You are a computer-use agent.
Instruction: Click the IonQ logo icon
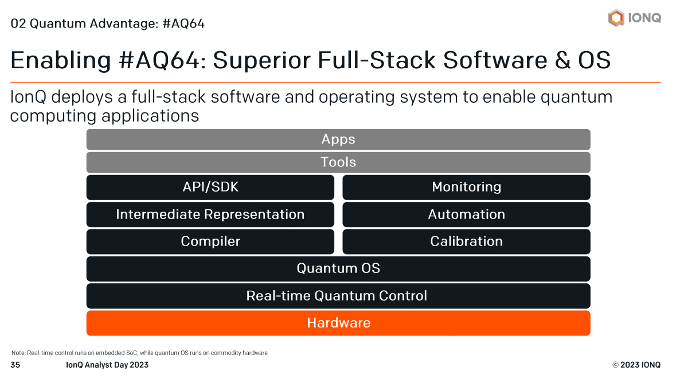pyautogui.click(x=616, y=17)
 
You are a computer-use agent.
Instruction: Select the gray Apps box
pyautogui.click(x=338, y=139)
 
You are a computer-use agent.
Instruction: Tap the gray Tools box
pyautogui.click(x=338, y=162)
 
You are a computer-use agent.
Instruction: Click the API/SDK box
pyautogui.click(x=210, y=187)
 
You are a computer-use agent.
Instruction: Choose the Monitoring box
pyautogui.click(x=466, y=187)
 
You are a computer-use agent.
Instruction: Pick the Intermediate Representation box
pyautogui.click(x=210, y=215)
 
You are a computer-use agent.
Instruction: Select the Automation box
pyautogui.click(x=466, y=215)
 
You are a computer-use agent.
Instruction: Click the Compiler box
pyautogui.click(x=210, y=241)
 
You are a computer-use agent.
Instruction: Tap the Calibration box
pyautogui.click(x=466, y=241)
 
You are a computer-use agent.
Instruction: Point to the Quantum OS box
pyautogui.click(x=338, y=268)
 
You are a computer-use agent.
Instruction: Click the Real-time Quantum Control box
pyautogui.click(x=338, y=296)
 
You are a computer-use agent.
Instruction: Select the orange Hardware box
pyautogui.click(x=338, y=323)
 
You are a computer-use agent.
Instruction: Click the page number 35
pyautogui.click(x=15, y=365)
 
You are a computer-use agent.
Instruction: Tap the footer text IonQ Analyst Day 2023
pyautogui.click(x=107, y=365)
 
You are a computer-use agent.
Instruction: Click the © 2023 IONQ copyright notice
pyautogui.click(x=636, y=365)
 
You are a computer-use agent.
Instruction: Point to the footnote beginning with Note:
pyautogui.click(x=139, y=353)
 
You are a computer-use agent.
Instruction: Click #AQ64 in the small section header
pyautogui.click(x=183, y=24)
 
